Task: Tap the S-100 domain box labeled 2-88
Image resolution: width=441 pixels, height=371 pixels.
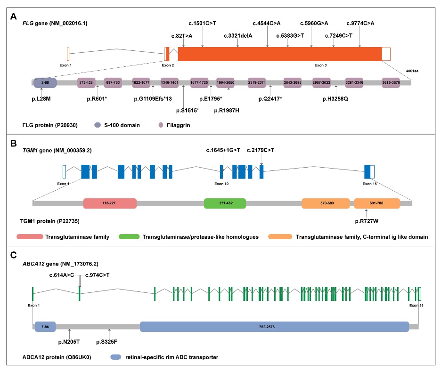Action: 45,82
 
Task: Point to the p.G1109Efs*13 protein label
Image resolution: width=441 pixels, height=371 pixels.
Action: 153,99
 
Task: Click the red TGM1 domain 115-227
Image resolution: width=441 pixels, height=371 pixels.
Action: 110,203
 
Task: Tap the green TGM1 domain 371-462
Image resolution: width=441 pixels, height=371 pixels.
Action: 225,203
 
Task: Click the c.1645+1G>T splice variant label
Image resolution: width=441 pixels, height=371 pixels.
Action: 223,150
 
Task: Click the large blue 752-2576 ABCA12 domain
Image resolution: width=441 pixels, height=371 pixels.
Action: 274,327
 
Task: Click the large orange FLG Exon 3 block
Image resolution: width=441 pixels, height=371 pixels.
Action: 279,54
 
